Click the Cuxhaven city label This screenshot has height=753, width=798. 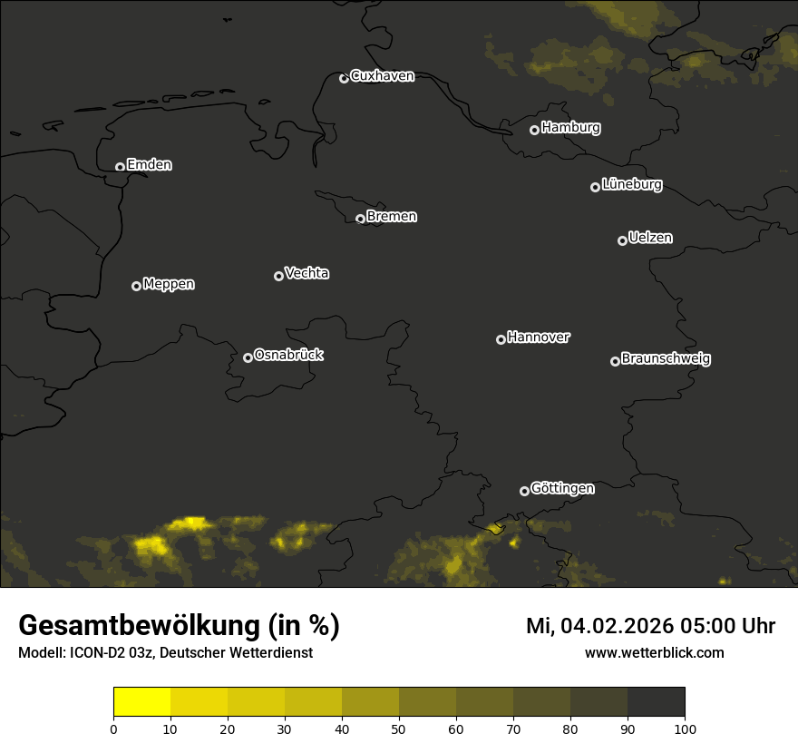click(x=382, y=76)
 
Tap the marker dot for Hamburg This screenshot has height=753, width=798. click(x=535, y=130)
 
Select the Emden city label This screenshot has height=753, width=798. click(x=149, y=165)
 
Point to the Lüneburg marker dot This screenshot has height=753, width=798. click(x=595, y=187)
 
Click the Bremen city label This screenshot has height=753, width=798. click(x=392, y=217)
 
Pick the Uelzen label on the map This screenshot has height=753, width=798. click(x=650, y=238)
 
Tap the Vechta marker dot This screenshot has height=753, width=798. click(x=278, y=276)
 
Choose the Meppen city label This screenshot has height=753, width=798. click(x=169, y=284)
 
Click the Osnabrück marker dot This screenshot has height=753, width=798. click(x=248, y=357)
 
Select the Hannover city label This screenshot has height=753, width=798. click(x=539, y=337)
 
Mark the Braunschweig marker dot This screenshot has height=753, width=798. click(x=615, y=361)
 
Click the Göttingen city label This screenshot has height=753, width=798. click(x=562, y=488)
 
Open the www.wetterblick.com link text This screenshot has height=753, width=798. click(x=654, y=653)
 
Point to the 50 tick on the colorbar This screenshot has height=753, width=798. click(x=399, y=728)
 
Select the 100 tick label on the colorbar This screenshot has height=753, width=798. click(x=685, y=728)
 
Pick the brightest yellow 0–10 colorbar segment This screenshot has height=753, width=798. click(x=141, y=702)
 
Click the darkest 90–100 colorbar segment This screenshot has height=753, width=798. click(x=656, y=702)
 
